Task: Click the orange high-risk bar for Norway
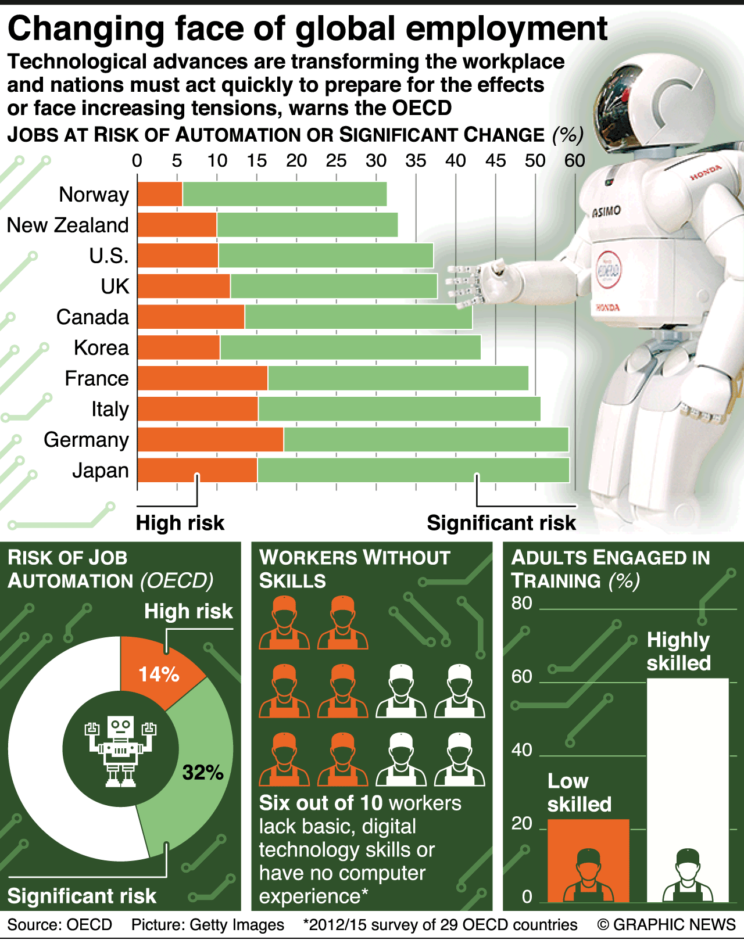pyautogui.click(x=160, y=194)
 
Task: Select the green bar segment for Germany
pyautogui.click(x=425, y=440)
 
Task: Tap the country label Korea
pyautogui.click(x=101, y=348)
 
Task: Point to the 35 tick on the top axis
pyautogui.click(x=416, y=161)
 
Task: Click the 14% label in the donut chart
pyautogui.click(x=159, y=674)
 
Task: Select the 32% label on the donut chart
pyautogui.click(x=203, y=772)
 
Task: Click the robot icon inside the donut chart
pyautogui.click(x=121, y=750)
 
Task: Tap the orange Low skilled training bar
pyautogui.click(x=588, y=860)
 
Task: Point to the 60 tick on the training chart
pyautogui.click(x=521, y=677)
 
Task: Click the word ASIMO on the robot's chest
pyautogui.click(x=606, y=211)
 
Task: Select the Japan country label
pyautogui.click(x=101, y=471)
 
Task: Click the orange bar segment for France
pyautogui.click(x=202, y=378)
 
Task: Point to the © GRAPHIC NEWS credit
pyautogui.click(x=666, y=925)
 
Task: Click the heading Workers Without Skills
pyautogui.click(x=355, y=569)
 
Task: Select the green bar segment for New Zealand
pyautogui.click(x=307, y=225)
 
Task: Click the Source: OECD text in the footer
pyautogui.click(x=60, y=925)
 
